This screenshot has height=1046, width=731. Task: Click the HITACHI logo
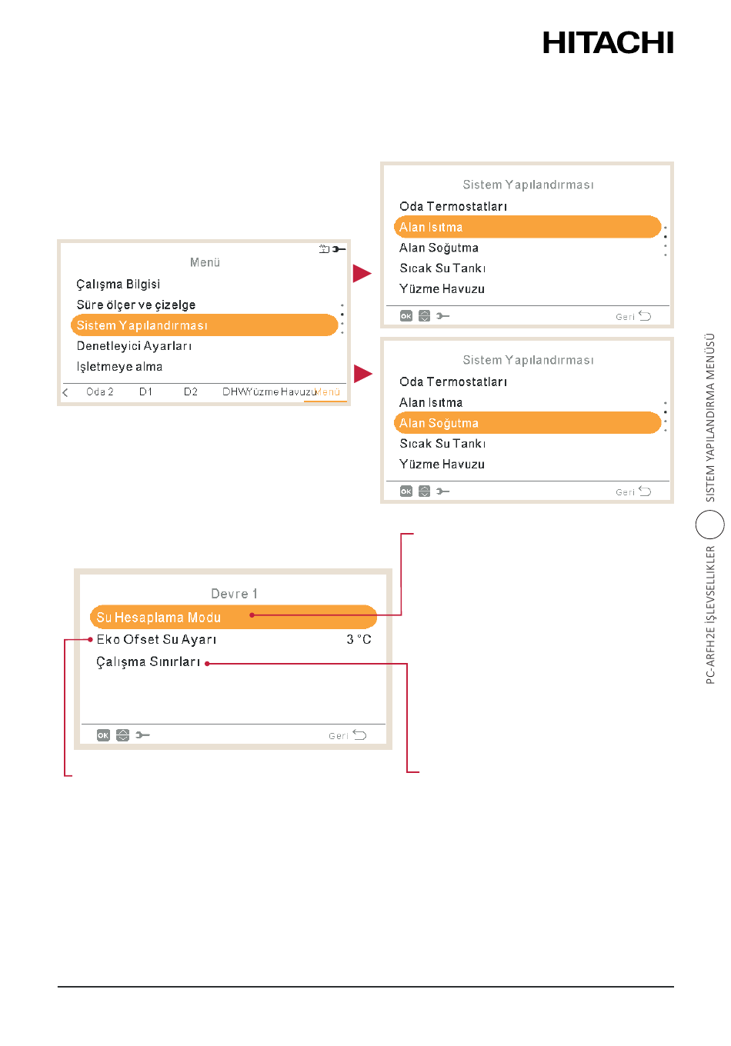pos(607,42)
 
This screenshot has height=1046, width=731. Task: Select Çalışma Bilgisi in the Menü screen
pos(118,284)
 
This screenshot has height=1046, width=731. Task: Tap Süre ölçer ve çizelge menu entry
pos(136,305)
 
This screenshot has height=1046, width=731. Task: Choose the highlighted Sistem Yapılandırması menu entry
pos(204,325)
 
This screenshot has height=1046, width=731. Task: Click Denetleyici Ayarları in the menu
pos(134,346)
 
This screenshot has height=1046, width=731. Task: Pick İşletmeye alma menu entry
pos(119,367)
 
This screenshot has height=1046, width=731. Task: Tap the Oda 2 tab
pos(100,391)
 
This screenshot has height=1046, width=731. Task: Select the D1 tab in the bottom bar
pos(145,391)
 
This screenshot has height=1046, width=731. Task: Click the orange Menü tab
pos(328,391)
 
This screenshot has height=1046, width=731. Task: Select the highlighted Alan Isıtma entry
pos(527,227)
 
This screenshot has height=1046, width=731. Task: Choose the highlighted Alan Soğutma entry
pos(527,422)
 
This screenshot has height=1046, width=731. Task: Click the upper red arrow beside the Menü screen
pos(362,273)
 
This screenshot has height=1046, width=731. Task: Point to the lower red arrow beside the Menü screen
pos(363,374)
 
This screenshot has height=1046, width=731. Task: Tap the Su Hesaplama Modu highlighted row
pos(233,617)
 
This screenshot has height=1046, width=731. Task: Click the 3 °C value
pos(359,639)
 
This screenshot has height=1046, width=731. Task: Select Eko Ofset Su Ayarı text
pos(156,639)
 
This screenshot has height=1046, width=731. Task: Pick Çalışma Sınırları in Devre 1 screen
pos(148,661)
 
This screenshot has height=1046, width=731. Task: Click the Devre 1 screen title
pos(234,594)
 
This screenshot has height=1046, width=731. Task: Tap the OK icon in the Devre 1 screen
pos(103,735)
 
